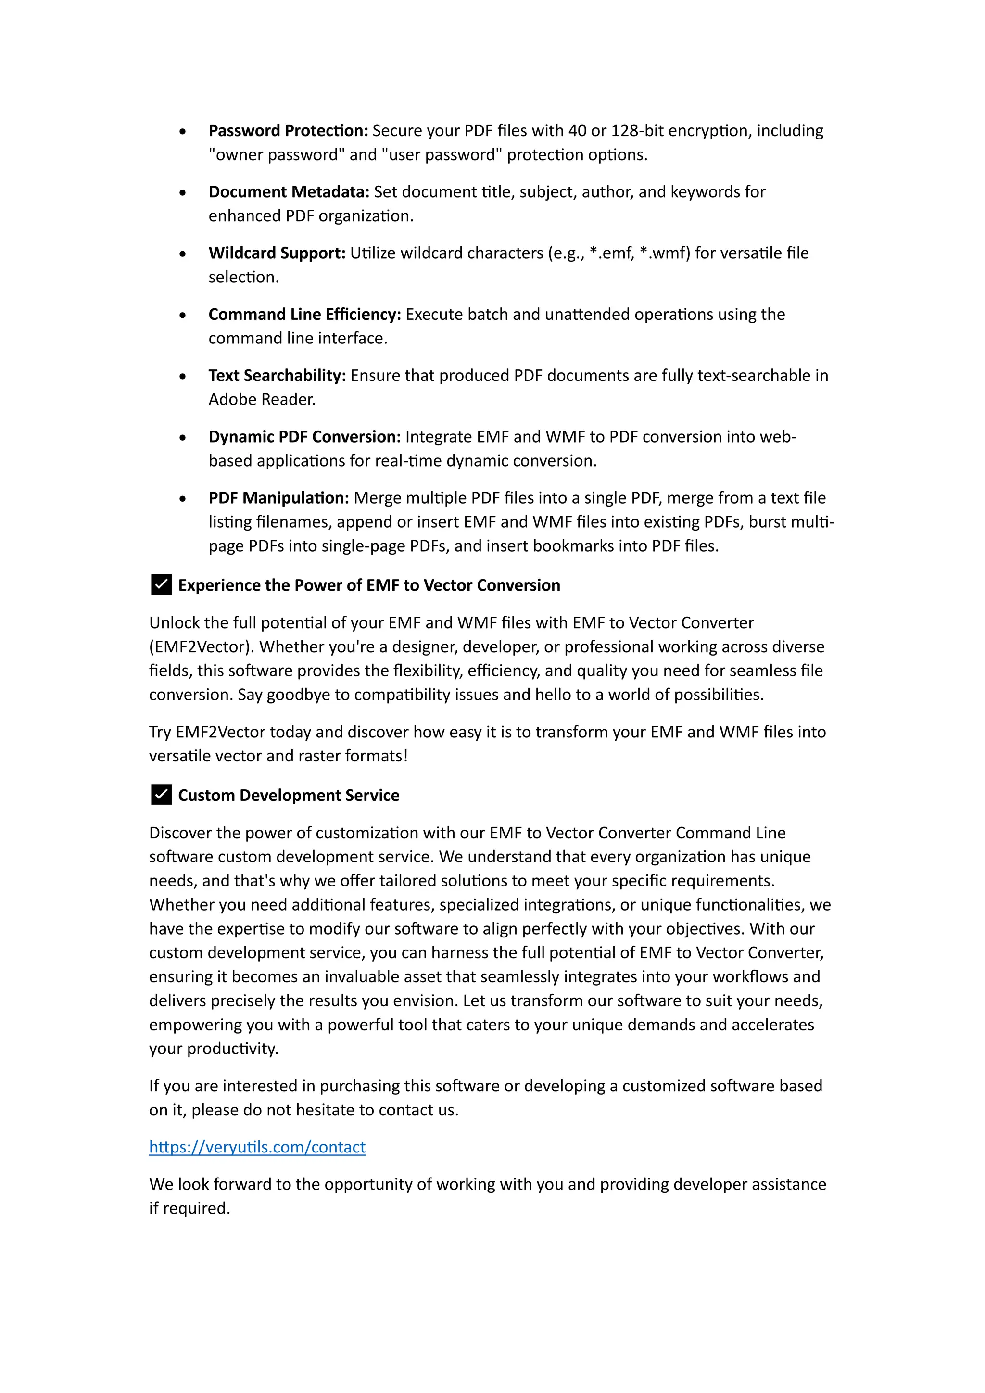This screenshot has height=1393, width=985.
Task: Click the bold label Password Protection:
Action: coord(288,131)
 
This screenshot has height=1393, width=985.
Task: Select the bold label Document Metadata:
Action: coord(289,192)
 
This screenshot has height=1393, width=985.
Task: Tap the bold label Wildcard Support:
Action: coord(277,253)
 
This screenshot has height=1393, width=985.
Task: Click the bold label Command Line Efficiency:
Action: coord(304,314)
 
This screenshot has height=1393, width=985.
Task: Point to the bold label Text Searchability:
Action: coord(277,376)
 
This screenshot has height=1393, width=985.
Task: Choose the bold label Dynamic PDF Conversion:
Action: coord(304,437)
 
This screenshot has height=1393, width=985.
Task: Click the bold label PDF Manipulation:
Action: coord(278,498)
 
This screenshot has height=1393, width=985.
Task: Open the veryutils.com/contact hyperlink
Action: coord(257,1147)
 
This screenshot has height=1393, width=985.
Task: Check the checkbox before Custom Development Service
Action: coord(161,795)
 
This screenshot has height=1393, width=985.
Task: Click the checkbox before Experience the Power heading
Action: coord(161,585)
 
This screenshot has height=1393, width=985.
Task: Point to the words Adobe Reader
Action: coord(262,400)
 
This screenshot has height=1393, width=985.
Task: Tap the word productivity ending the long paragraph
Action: coord(232,1049)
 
